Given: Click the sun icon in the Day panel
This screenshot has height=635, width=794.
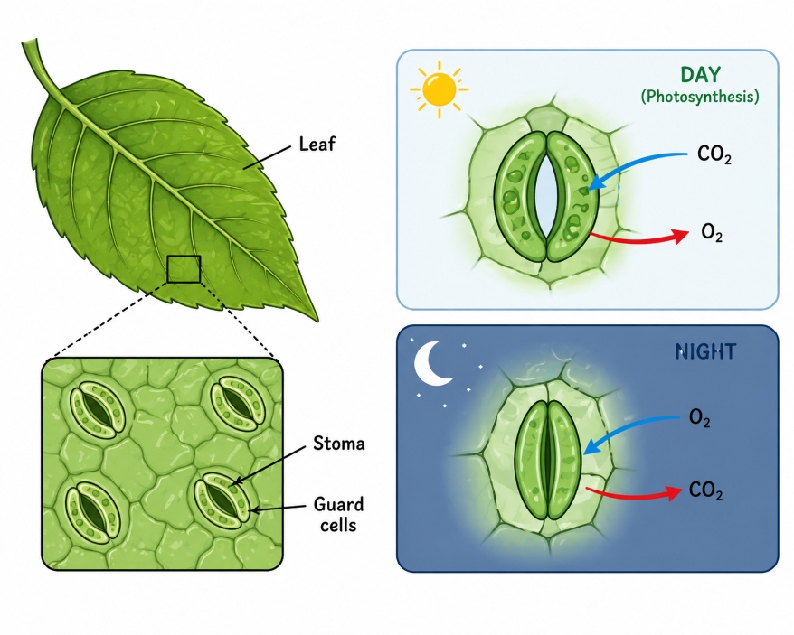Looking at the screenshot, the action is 440,89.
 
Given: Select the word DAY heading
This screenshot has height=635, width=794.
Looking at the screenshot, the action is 700,75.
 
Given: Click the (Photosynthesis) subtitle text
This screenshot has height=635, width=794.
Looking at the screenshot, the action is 700,96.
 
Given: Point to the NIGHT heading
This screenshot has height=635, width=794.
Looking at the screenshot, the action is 705,351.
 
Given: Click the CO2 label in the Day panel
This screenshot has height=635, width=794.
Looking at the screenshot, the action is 714,154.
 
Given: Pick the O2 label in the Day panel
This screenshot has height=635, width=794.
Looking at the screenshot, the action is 712,233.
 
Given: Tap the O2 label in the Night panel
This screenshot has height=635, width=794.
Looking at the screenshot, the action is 700,418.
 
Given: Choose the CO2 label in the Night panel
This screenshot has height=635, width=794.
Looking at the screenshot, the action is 705,490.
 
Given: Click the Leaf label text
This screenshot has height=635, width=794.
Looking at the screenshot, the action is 317,145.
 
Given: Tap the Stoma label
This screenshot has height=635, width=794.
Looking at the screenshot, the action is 339,444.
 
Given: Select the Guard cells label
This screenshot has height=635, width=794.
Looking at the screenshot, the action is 338,515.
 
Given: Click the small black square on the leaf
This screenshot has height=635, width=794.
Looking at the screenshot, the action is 184,269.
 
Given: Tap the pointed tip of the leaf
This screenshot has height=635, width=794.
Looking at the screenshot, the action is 317,321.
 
